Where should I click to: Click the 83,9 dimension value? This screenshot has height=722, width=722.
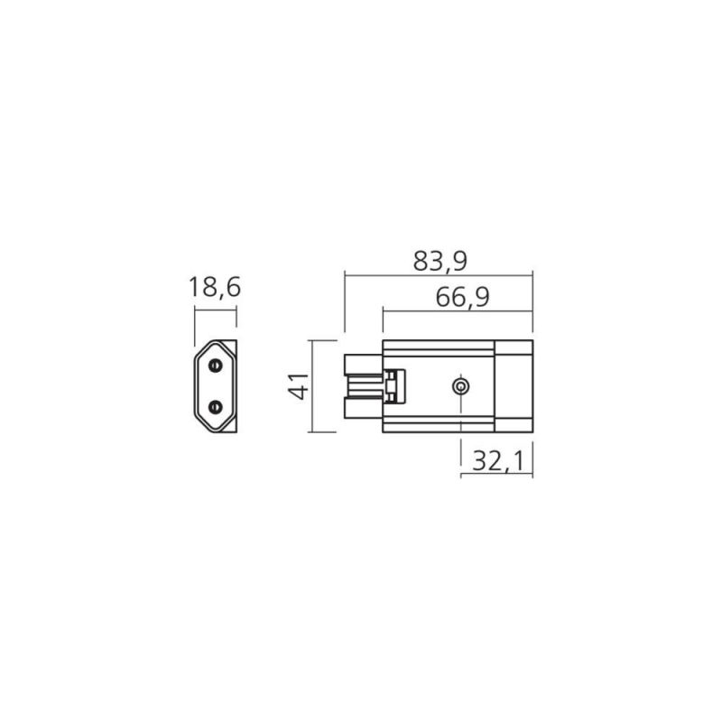click(x=440, y=261)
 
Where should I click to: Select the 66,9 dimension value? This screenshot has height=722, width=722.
click(x=462, y=298)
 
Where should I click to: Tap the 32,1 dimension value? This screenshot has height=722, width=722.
click(x=499, y=461)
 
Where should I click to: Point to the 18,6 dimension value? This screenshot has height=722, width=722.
click(x=215, y=287)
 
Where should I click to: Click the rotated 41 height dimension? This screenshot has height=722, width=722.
click(x=299, y=386)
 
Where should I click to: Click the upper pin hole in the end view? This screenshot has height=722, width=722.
click(x=215, y=366)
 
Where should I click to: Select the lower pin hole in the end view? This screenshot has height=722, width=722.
click(x=215, y=407)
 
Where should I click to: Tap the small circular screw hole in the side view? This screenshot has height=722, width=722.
click(x=460, y=386)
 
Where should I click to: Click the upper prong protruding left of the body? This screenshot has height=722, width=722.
click(x=364, y=365)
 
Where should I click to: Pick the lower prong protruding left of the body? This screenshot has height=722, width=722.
click(x=364, y=409)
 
